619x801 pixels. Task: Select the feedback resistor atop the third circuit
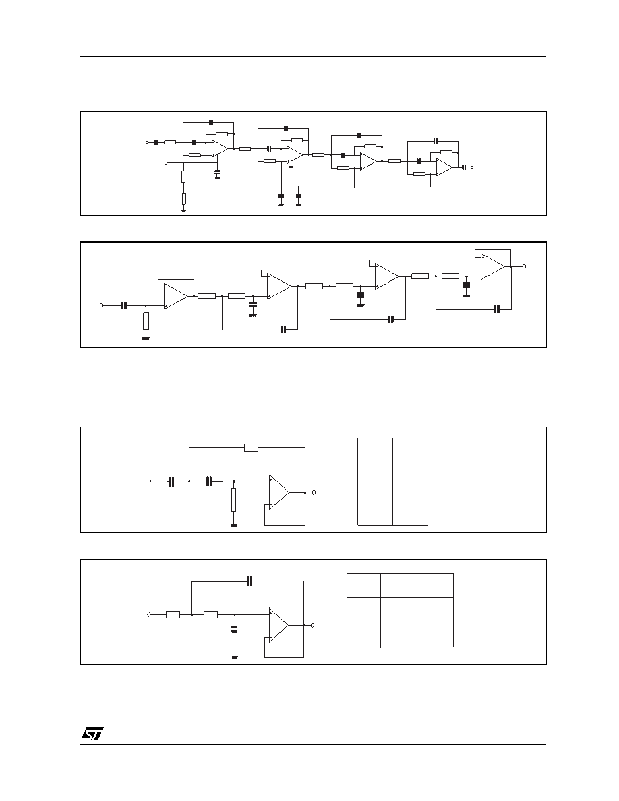pos(252,448)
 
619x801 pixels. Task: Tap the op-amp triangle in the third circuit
pos(279,492)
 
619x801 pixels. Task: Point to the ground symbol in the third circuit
pos(234,525)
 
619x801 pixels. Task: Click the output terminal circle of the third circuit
pos(314,492)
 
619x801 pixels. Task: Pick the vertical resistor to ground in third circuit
pos(234,500)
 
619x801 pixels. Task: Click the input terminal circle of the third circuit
pos(150,481)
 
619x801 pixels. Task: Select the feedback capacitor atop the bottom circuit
pos(249,581)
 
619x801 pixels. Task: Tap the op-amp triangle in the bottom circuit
pos(279,625)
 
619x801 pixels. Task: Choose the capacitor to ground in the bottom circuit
pos(235,629)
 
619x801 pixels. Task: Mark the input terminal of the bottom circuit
pos(148,614)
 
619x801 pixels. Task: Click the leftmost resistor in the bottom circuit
pos(173,614)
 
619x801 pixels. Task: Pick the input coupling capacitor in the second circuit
pos(123,305)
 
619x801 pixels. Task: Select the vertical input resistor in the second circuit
pos(146,321)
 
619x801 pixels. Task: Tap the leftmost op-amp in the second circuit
pos(176,296)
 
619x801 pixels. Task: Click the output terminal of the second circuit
pos(524,266)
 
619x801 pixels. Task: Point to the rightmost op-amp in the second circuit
pos(493,266)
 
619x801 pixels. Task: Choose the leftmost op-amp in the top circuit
pos(220,148)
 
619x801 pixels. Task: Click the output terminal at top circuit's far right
pos(471,167)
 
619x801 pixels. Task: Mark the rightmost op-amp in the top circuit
pos(444,167)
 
